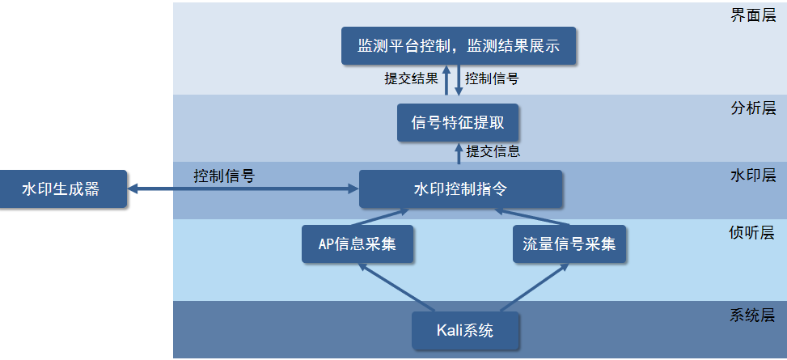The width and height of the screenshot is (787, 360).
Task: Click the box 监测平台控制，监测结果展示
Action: (459, 45)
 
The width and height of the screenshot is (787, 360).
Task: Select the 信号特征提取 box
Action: (458, 123)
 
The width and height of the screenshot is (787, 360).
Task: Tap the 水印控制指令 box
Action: (460, 189)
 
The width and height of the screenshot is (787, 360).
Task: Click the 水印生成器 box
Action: (63, 189)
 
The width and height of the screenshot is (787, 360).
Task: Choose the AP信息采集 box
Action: (358, 244)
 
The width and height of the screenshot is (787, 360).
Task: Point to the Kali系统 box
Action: (465, 330)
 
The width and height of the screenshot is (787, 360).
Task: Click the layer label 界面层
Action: (753, 15)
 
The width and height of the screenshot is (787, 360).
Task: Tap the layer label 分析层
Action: (753, 108)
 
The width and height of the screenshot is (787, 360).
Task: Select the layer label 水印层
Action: (753, 175)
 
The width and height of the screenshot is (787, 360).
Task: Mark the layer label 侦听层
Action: (753, 234)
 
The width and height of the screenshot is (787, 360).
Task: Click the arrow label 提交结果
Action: (411, 78)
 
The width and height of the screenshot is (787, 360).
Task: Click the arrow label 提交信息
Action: (493, 150)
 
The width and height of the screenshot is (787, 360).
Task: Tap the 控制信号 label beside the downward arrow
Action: (492, 78)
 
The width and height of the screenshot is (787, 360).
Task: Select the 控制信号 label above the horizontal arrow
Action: (224, 176)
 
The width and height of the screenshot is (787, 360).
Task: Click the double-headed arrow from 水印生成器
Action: (243, 189)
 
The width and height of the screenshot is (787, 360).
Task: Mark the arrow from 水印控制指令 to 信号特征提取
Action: (458, 156)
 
